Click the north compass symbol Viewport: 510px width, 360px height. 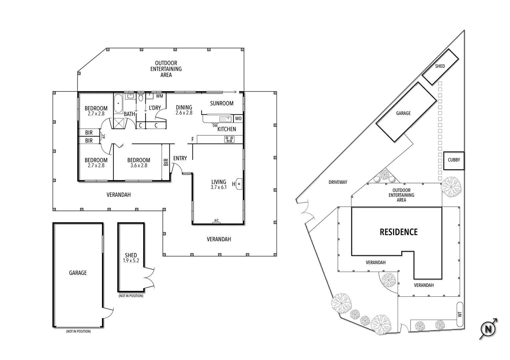pos(488,329)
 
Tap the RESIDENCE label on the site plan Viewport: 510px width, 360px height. pos(399,232)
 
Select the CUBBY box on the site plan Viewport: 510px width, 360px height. pos(454,160)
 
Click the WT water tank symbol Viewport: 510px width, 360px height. pos(460,314)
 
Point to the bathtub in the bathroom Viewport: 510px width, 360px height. pos(118,104)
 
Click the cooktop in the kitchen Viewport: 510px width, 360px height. pos(229,139)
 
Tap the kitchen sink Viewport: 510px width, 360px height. pos(225,119)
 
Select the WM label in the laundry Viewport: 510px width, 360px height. pos(159,96)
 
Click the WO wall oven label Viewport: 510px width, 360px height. pos(238,119)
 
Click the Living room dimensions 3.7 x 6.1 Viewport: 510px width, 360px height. pos(218,187)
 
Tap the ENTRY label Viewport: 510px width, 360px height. pos(180,158)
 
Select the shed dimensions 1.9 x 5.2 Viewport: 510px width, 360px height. pos(131,261)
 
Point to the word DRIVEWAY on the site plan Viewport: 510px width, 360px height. pos(338,182)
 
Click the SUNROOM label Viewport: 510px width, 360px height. pos(221,103)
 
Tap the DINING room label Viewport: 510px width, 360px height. pos(184,107)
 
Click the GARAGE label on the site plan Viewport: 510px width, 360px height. pos(403,113)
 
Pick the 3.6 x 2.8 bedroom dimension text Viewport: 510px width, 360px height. pos(138,165)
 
